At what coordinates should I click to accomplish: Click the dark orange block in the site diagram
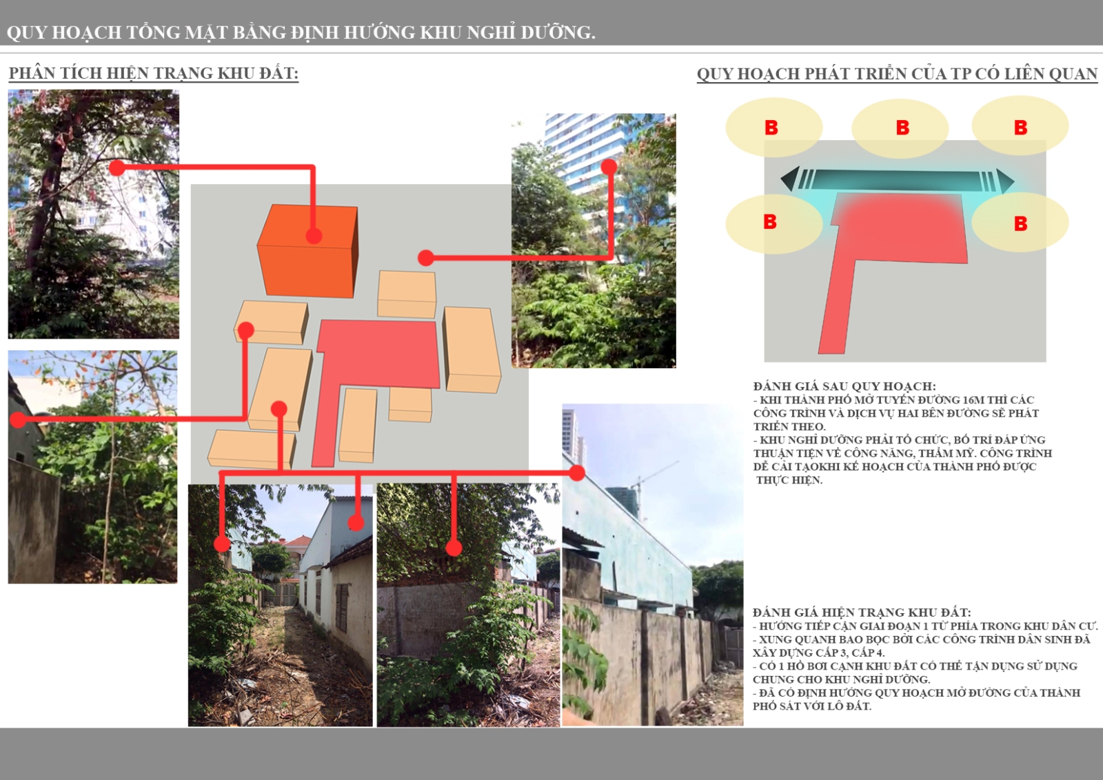click(x=307, y=251)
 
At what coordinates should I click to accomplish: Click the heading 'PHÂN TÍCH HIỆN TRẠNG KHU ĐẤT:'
click(x=154, y=73)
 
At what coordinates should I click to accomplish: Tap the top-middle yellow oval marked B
click(x=900, y=128)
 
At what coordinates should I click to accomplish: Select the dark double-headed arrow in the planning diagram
click(x=897, y=180)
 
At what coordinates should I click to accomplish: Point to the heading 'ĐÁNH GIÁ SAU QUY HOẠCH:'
click(x=844, y=386)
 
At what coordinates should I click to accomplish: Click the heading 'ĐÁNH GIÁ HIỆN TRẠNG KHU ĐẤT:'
click(x=862, y=612)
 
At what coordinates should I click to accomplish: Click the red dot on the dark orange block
click(x=314, y=236)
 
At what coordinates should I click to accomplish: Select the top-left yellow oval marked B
click(x=774, y=128)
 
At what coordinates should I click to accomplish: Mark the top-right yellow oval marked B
click(x=1020, y=126)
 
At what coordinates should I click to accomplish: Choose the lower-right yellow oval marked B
click(x=1020, y=222)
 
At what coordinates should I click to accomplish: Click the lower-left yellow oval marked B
click(x=774, y=224)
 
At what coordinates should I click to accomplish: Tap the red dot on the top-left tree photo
click(x=117, y=168)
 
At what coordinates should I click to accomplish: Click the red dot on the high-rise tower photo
click(x=609, y=166)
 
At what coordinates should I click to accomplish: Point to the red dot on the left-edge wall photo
click(x=18, y=420)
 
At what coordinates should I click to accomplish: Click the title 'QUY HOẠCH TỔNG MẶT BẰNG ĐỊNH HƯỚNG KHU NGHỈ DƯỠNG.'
click(x=301, y=32)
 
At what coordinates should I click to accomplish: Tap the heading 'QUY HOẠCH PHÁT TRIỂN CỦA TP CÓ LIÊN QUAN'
click(x=897, y=73)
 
